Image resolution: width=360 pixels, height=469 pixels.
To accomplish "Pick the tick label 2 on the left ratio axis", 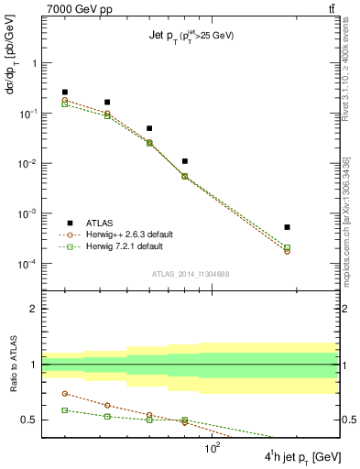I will tap(32, 309).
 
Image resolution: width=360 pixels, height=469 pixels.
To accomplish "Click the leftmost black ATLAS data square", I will tap(65, 93).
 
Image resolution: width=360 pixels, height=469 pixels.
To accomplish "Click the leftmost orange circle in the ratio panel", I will tap(65, 394).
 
